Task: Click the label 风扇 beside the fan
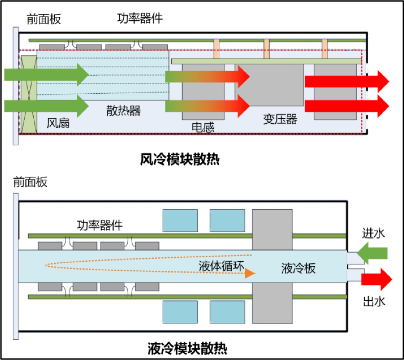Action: (x=58, y=123)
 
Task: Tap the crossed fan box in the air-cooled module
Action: (x=29, y=95)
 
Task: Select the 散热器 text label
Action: (x=123, y=111)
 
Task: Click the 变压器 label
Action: (x=280, y=119)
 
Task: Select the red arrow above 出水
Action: (x=376, y=279)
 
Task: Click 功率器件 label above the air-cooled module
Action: (x=140, y=19)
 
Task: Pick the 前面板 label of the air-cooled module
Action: (x=43, y=19)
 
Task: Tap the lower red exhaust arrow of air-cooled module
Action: (x=347, y=106)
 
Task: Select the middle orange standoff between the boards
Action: (x=266, y=49)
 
